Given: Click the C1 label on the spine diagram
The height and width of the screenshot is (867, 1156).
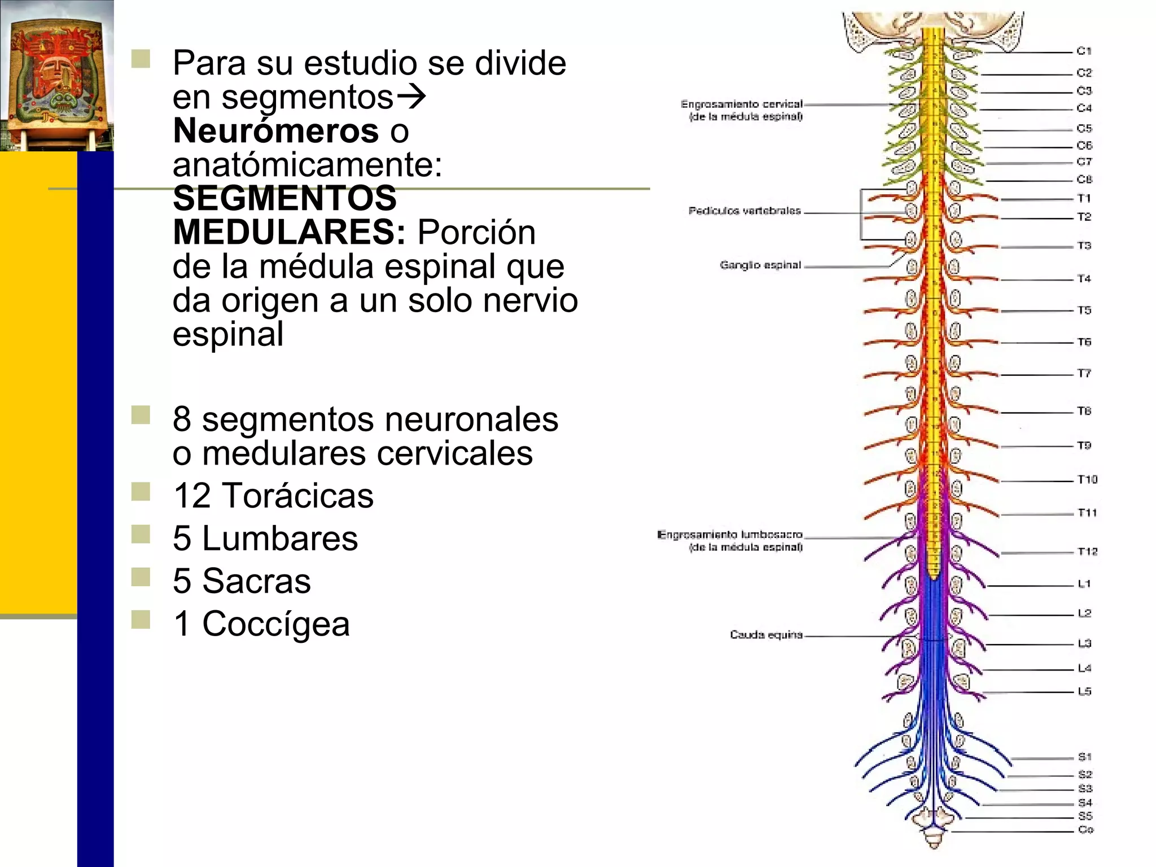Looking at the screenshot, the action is coord(1084,51).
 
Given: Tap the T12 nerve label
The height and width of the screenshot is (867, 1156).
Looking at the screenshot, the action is coord(1087,551).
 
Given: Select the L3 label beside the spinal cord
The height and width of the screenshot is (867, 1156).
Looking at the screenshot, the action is coord(1084,643).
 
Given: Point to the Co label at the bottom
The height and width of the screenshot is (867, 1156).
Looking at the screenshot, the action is coord(1085,829).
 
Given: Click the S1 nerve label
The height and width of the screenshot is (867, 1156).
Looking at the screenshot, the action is coord(1085,756).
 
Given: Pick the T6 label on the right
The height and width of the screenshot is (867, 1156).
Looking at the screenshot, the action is coord(1084,341).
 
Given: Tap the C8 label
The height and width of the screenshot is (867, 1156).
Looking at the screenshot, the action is coord(1084,179).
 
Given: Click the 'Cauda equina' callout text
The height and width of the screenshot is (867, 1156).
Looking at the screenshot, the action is coord(766,634).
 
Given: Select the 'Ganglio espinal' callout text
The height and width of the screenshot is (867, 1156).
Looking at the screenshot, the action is coord(760,265).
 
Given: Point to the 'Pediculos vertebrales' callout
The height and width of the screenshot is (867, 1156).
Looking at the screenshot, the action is coord(745,211).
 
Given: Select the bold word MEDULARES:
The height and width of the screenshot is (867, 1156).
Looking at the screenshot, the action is coord(289,232).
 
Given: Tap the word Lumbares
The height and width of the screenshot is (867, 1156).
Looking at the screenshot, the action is coord(280,538).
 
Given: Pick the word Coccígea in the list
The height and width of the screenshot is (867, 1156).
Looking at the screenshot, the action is coord(276,624).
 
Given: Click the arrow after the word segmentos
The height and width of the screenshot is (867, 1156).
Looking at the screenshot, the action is coord(410,97).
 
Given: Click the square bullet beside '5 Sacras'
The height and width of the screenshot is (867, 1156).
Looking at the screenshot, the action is coord(141,577).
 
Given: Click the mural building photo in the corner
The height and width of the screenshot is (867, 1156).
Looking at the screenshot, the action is coord(56,76).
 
